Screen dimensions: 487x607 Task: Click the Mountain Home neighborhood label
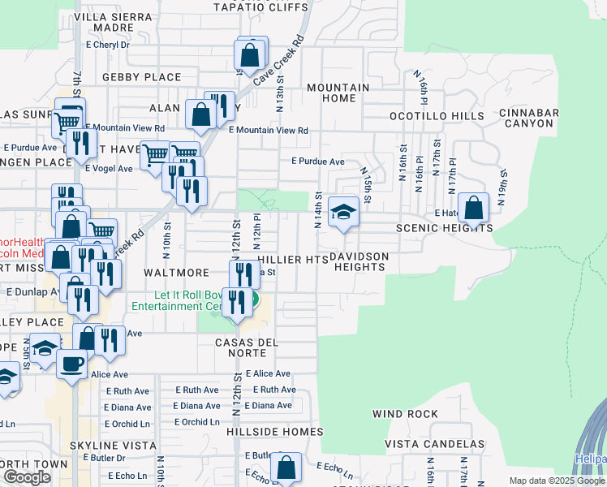click(338, 93)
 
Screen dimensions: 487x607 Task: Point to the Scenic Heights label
click(444, 229)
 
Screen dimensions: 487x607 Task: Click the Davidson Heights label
click(359, 261)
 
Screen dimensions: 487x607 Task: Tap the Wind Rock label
click(405, 414)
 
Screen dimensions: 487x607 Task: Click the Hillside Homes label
click(276, 432)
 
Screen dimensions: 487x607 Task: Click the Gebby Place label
click(141, 77)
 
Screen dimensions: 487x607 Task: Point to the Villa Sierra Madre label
click(112, 22)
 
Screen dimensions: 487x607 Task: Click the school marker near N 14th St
click(343, 213)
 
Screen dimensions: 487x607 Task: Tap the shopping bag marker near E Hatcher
click(473, 208)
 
